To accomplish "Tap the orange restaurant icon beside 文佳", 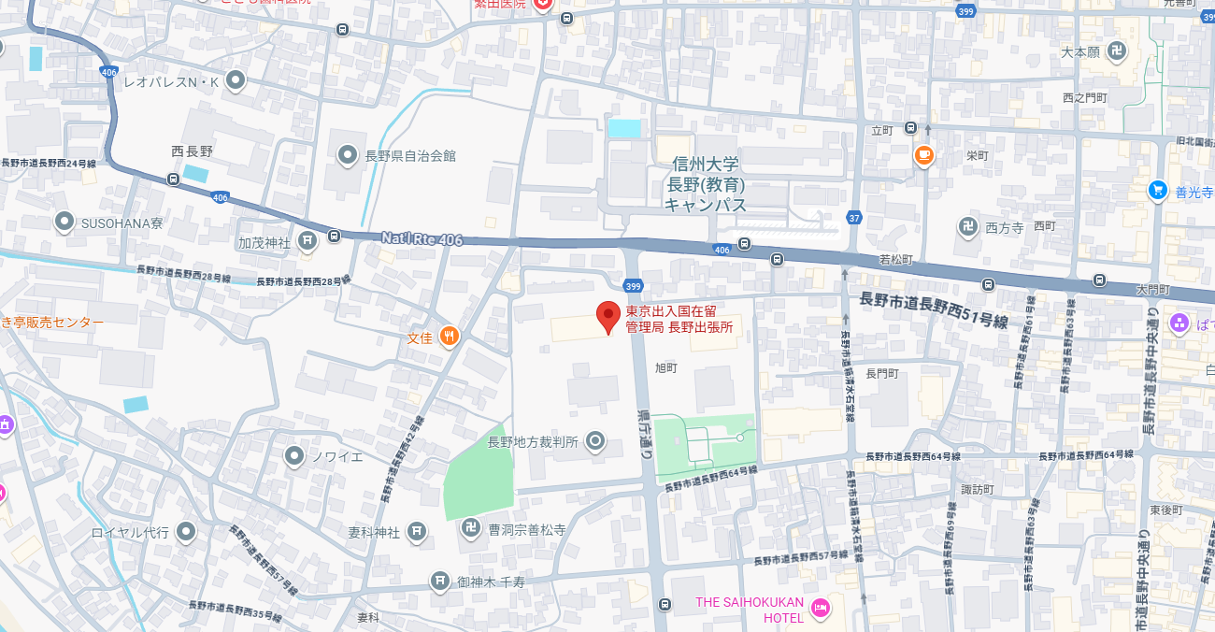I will tap(450, 337).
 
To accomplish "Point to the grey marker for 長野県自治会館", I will tap(348, 155).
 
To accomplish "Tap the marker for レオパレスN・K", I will tap(236, 81).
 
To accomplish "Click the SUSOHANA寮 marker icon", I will tap(64, 223).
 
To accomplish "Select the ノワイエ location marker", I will tap(294, 456).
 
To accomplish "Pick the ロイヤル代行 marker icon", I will tap(186, 532).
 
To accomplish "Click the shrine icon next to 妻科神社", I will tap(417, 532).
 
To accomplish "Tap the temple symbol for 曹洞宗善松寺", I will tap(472, 529).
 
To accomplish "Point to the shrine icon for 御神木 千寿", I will tap(440, 582).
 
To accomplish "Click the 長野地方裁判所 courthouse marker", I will tap(595, 442).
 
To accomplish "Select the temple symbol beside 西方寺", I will tap(968, 225).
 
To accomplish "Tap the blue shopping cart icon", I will tap(1158, 191).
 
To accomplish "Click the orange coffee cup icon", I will tap(924, 155).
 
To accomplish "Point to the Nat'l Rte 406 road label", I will tap(422, 239).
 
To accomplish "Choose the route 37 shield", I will tap(854, 218).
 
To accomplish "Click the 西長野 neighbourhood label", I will tap(193, 151).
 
